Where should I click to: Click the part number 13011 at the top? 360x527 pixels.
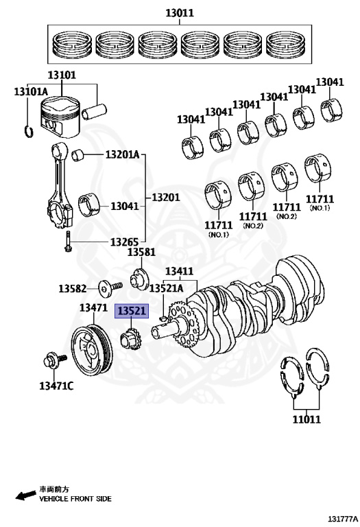[180, 13]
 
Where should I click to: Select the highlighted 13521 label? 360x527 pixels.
[132, 311]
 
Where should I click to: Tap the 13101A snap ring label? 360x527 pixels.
[31, 91]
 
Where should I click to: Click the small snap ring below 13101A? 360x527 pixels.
[29, 131]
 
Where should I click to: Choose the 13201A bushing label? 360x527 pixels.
[122, 154]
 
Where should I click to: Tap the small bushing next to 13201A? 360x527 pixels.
[78, 154]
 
